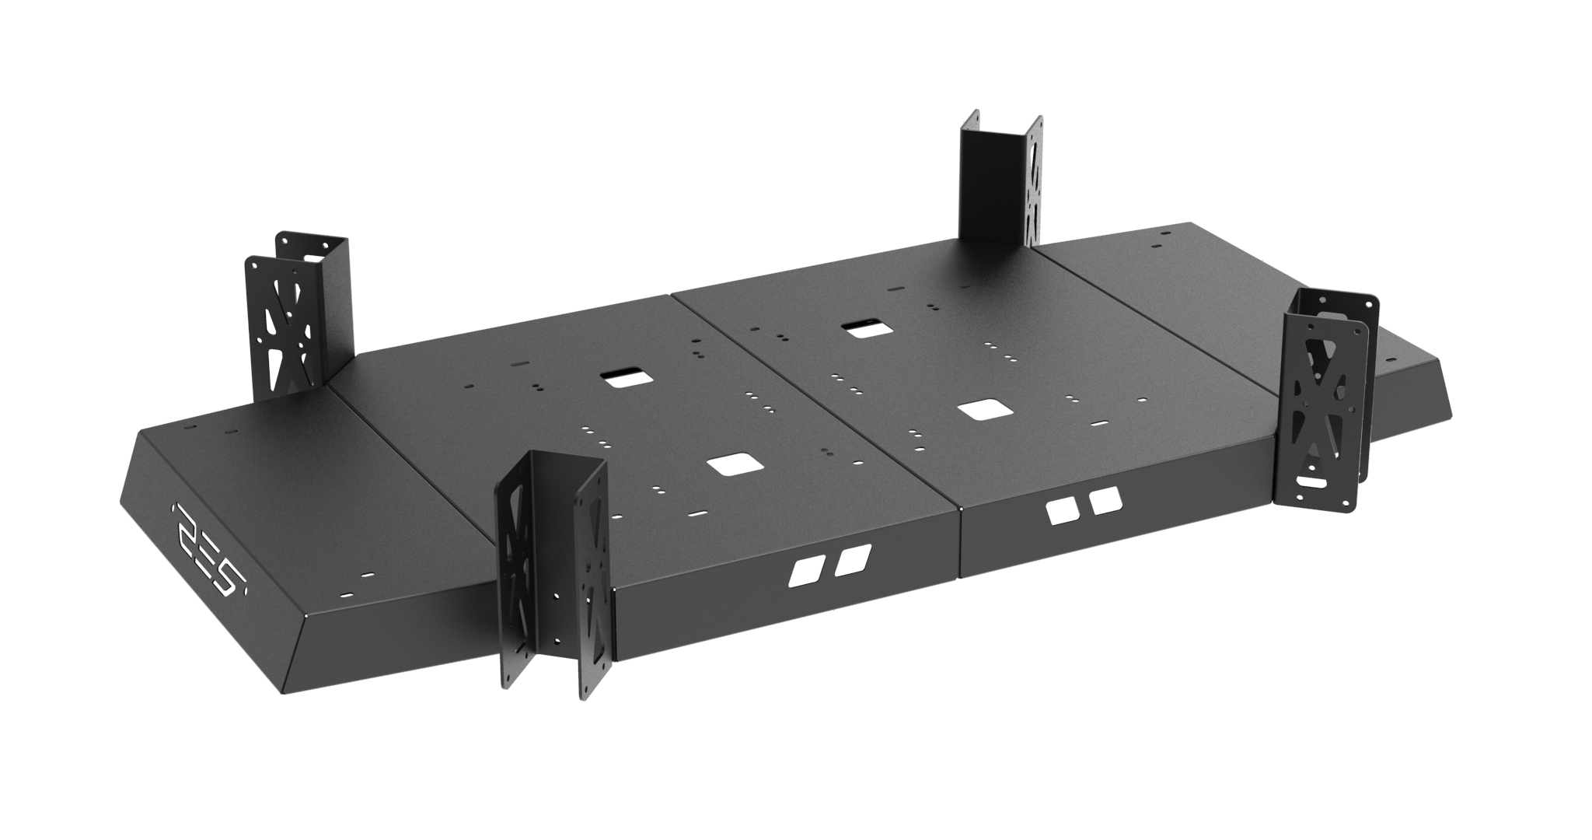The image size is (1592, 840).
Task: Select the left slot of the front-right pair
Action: tap(1059, 512)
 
